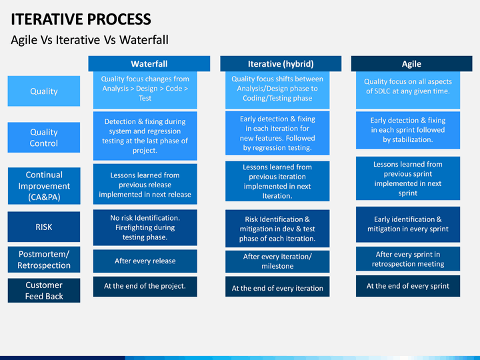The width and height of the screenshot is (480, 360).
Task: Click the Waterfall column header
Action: coord(149,64)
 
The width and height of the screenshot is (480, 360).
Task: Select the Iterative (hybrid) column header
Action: coord(281,64)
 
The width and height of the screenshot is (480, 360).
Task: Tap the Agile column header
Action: coord(411,64)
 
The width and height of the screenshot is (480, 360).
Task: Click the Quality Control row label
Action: coord(44,137)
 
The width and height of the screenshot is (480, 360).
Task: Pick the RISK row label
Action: coord(44,227)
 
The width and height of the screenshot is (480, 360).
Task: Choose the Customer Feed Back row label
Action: coord(44,291)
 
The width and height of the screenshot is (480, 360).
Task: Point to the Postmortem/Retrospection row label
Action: coord(44,259)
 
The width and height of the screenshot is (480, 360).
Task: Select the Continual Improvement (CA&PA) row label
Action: coord(44,186)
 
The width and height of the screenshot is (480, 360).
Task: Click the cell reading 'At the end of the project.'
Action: coord(145,287)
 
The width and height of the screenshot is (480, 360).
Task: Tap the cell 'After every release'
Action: coord(145,261)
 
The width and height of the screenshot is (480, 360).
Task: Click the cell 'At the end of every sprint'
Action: coord(408,286)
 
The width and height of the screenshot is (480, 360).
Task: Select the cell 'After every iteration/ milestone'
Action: coord(277,261)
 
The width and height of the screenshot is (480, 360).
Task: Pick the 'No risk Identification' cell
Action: coord(145,227)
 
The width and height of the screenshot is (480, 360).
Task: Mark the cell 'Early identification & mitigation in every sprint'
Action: coord(408,225)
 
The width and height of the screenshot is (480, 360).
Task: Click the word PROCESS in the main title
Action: coord(119,19)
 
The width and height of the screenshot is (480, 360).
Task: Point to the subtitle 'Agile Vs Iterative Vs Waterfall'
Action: coord(90,40)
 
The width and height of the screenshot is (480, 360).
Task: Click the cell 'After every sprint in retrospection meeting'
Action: coord(408,259)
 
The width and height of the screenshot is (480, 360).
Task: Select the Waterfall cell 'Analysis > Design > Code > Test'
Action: coord(145,90)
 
